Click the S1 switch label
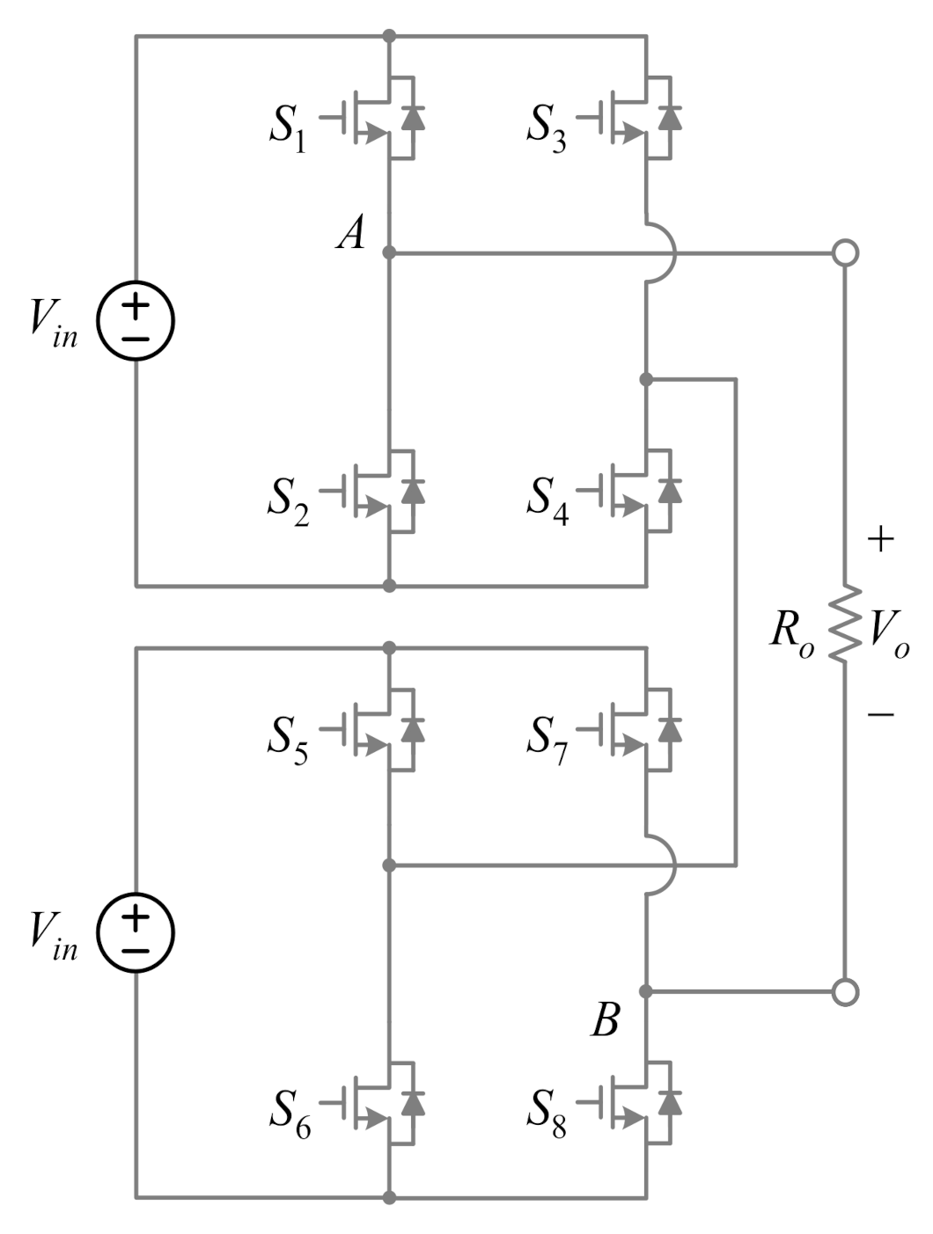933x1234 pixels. point(288,128)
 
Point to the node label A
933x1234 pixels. point(351,234)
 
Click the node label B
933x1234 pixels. point(605,1021)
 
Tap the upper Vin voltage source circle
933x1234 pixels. point(136,321)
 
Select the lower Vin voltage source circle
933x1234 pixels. point(136,933)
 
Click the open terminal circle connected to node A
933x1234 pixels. point(845,253)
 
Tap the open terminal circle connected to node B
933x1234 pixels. point(845,992)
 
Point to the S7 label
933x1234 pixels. point(547,740)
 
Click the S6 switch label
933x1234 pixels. point(289,1114)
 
